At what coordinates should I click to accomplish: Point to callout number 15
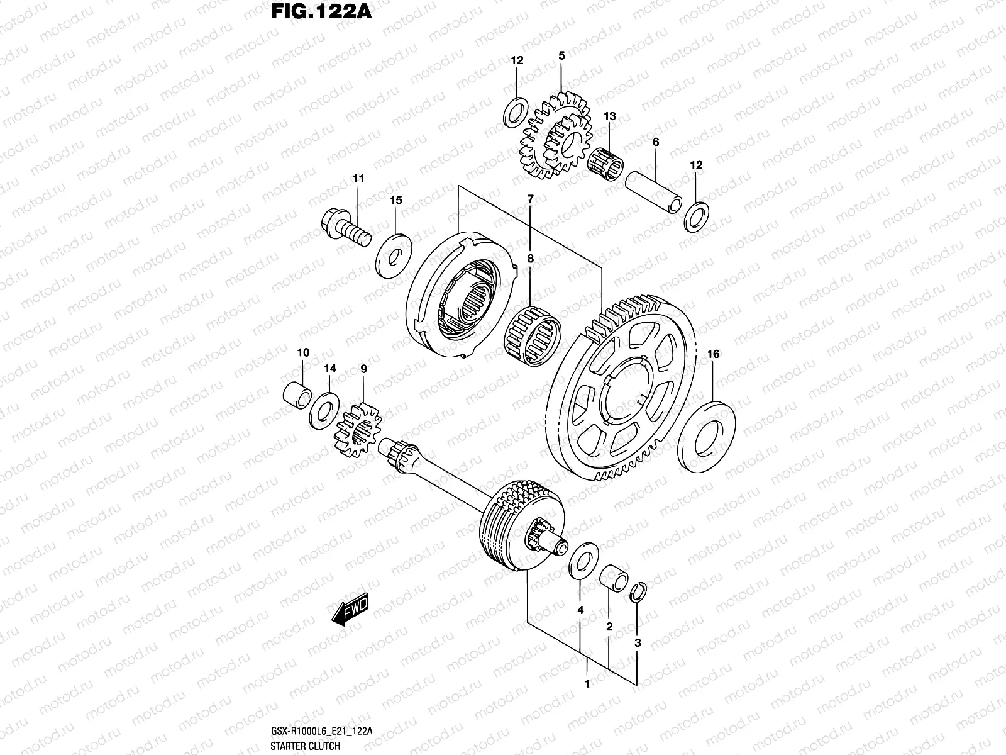click(395, 201)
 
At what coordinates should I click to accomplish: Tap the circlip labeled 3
click(638, 593)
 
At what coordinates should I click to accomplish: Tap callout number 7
click(530, 199)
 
